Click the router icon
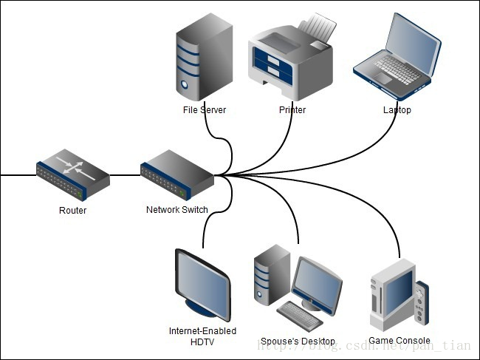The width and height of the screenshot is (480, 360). click(x=73, y=176)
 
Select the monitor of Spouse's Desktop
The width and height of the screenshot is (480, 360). click(x=316, y=282)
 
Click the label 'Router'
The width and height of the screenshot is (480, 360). click(x=72, y=211)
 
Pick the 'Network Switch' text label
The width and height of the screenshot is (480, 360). click(x=176, y=210)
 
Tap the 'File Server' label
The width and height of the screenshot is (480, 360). click(x=204, y=110)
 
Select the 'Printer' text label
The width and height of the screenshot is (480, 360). click(x=292, y=110)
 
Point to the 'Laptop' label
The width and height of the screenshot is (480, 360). click(x=397, y=110)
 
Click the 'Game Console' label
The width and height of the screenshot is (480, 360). click(x=399, y=341)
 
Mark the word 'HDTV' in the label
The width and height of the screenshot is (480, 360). click(x=202, y=341)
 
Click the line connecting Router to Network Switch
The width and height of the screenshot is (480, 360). click(x=125, y=176)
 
